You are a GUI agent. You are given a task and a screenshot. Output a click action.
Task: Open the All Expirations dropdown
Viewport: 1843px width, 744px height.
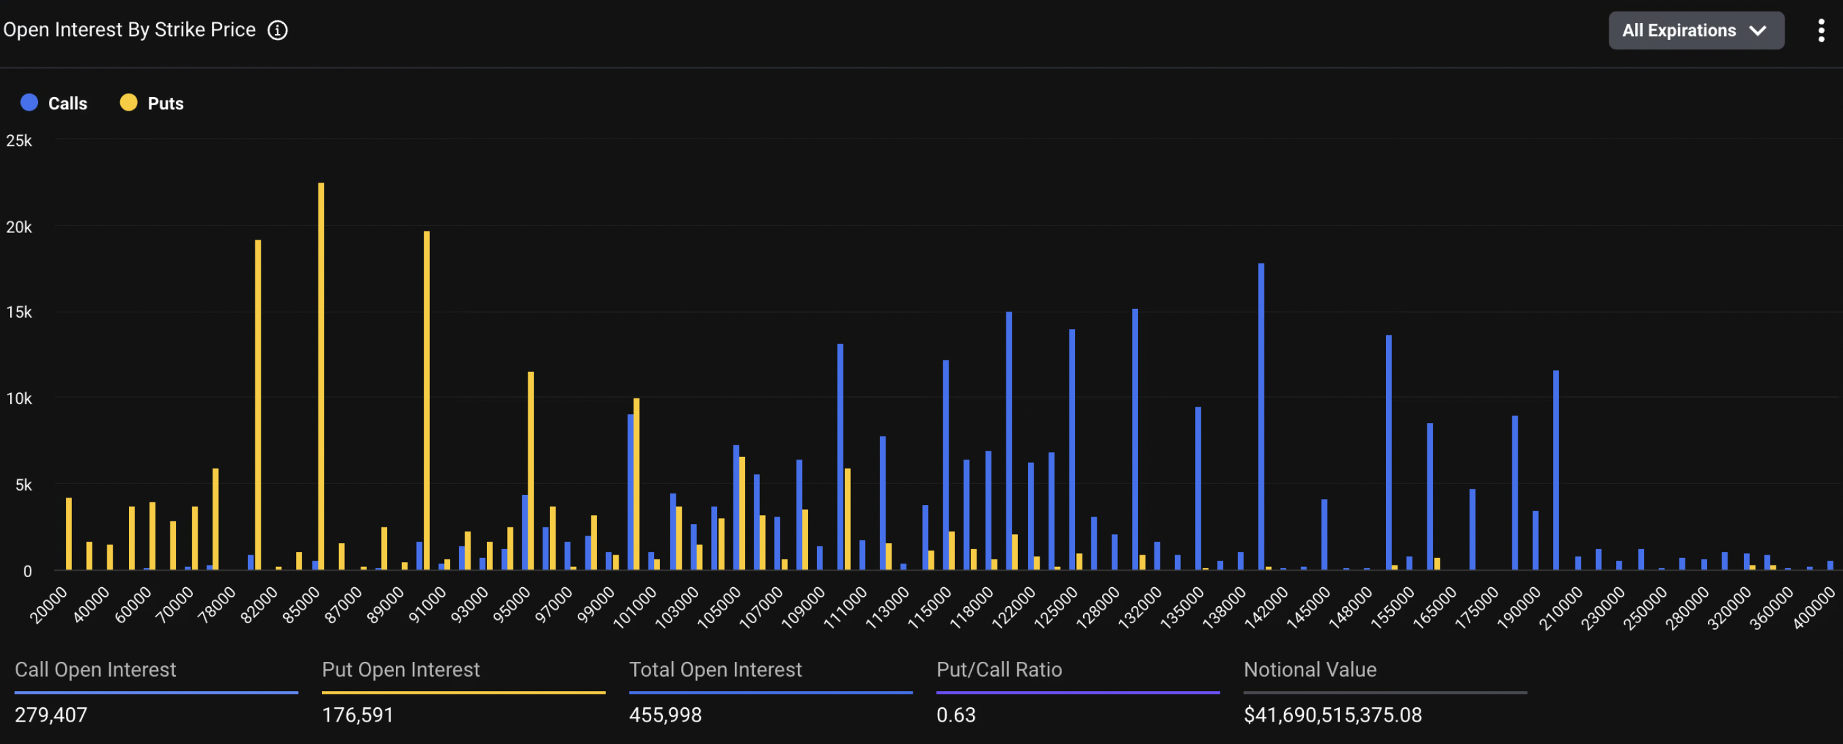[x=1696, y=30]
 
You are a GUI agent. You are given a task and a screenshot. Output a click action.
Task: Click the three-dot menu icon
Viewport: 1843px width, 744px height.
[x=1821, y=30]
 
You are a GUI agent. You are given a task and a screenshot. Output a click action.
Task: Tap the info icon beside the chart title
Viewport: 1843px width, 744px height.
[x=278, y=30]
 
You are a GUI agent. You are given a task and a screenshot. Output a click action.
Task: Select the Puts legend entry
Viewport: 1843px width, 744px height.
[x=151, y=103]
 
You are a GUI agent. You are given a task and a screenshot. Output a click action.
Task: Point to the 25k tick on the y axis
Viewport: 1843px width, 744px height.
[x=19, y=141]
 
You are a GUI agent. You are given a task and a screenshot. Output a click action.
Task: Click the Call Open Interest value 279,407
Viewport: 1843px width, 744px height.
[x=51, y=715]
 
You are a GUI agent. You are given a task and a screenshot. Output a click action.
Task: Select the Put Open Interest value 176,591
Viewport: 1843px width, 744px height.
[x=358, y=715]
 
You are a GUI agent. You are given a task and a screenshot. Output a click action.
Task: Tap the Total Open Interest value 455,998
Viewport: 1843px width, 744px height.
[x=665, y=715]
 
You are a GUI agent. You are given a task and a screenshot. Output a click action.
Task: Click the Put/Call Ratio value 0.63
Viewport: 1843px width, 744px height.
[x=956, y=715]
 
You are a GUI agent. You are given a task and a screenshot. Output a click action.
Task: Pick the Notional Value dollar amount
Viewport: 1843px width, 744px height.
[x=1333, y=715]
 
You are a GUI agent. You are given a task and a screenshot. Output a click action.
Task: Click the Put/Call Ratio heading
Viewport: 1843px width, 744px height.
[x=999, y=669]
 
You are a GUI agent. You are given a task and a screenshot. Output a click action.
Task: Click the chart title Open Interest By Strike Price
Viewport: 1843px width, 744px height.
[x=130, y=30]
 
